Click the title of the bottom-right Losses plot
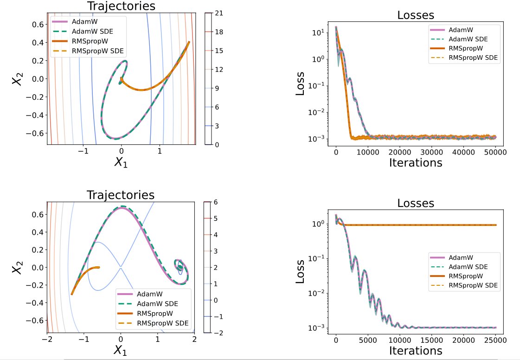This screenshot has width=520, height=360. click(x=416, y=203)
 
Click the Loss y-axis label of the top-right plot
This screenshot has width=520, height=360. click(x=301, y=83)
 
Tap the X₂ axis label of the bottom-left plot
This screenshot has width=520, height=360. click(x=18, y=266)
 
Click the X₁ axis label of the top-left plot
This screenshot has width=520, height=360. click(x=122, y=162)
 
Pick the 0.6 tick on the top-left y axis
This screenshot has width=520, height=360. click(x=37, y=24)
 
